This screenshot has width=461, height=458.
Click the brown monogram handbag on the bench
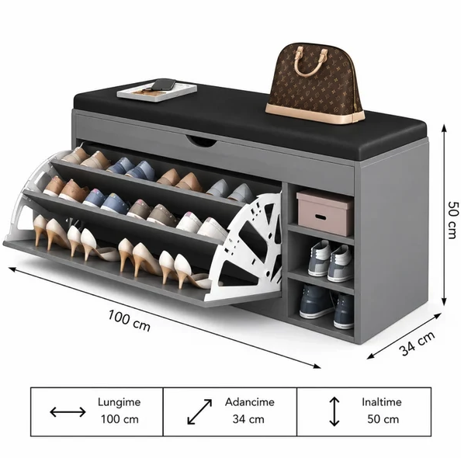[314, 85]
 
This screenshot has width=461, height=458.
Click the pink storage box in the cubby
[325, 213]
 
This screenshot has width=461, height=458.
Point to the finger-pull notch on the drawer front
[202, 141]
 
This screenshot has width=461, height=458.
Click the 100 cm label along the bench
[129, 321]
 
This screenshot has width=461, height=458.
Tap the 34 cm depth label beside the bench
[417, 343]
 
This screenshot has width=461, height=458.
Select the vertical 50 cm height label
[452, 220]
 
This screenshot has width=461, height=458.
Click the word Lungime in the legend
[119, 402]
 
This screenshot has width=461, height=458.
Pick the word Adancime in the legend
[250, 402]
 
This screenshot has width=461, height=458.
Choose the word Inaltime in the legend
[382, 402]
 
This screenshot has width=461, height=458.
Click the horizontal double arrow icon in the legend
[68, 412]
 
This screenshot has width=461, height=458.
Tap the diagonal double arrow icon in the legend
[199, 412]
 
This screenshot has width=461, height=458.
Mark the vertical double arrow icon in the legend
[334, 411]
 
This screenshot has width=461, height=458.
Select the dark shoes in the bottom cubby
[326, 306]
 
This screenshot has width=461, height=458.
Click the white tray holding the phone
[157, 92]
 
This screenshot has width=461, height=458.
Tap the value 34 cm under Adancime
[248, 419]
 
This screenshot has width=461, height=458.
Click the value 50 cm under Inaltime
[383, 419]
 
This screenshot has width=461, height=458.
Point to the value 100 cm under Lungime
[120, 419]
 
